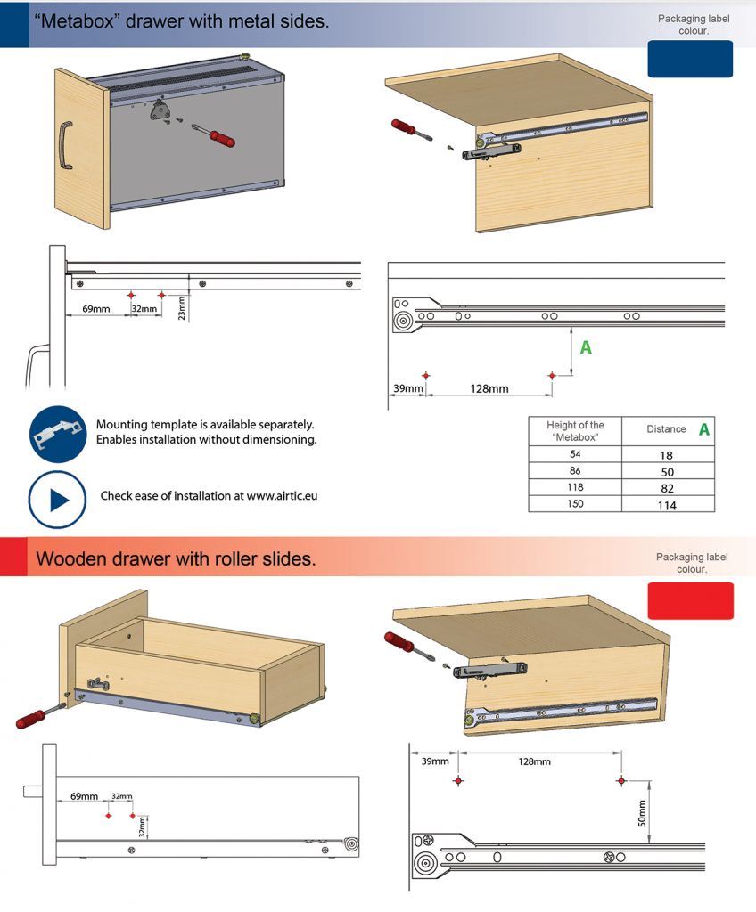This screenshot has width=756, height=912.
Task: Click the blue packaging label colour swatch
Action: tap(690, 59)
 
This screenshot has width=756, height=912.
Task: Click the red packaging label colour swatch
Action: tap(691, 601)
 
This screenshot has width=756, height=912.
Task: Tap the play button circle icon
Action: tap(57, 500)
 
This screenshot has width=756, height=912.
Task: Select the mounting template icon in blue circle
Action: tap(58, 434)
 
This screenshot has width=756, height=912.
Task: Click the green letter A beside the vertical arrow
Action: tap(586, 348)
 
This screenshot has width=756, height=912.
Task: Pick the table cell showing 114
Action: tap(668, 505)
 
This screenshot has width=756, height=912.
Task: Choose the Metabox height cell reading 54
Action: tap(575, 453)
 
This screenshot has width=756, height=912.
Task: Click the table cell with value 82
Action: tap(668, 488)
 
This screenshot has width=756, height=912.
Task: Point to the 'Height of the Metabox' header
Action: tap(575, 431)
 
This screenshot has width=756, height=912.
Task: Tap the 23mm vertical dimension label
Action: tap(182, 307)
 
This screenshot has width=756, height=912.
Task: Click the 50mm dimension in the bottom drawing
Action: tap(642, 813)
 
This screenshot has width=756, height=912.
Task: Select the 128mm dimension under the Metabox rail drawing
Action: tap(489, 388)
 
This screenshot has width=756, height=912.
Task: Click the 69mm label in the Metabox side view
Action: tap(96, 309)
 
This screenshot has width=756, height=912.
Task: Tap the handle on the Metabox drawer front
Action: tap(65, 145)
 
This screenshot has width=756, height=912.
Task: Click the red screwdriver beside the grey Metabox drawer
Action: tap(214, 135)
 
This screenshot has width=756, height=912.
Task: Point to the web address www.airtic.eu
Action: tap(282, 495)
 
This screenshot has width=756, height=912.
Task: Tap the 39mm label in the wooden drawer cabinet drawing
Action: tap(435, 761)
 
